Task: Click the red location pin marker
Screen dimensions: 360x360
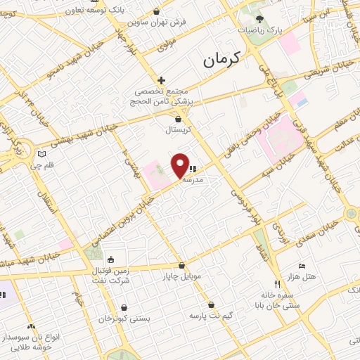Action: (x=181, y=165)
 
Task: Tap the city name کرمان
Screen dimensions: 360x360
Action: (x=221, y=60)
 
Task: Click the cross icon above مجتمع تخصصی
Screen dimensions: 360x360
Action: (x=161, y=80)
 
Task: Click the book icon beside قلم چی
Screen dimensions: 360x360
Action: (x=42, y=154)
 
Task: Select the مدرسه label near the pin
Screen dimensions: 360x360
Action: (x=193, y=180)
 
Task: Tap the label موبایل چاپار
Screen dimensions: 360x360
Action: (x=181, y=276)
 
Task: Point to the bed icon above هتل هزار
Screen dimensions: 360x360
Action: (x=302, y=266)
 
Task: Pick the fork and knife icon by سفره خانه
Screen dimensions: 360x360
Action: (x=277, y=285)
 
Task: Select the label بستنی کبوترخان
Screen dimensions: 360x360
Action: (x=124, y=319)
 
